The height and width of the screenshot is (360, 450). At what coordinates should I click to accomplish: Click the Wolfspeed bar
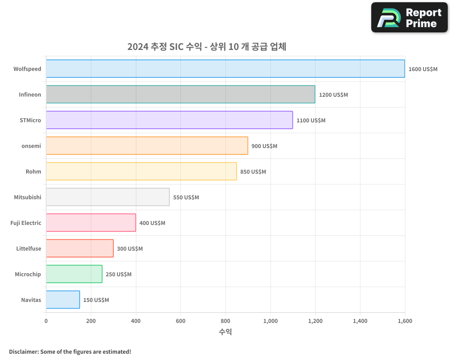click(x=225, y=69)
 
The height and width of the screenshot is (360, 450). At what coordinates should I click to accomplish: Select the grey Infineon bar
click(x=180, y=94)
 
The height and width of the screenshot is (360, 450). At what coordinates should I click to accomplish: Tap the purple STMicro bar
click(x=169, y=120)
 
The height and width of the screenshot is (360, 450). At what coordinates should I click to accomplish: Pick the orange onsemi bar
click(x=147, y=146)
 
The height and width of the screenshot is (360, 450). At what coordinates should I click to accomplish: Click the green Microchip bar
click(x=74, y=274)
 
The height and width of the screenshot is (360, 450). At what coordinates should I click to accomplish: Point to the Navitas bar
click(x=63, y=300)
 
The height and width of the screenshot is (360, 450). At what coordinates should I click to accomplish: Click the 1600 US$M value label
click(x=423, y=69)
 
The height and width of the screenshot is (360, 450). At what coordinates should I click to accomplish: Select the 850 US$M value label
click(x=253, y=172)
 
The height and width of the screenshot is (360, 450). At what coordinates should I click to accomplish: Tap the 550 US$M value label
click(x=186, y=198)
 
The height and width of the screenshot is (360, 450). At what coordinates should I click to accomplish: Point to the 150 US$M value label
click(x=96, y=300)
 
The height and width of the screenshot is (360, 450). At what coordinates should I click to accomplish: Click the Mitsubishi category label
click(x=27, y=198)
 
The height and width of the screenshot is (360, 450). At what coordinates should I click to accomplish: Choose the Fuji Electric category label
click(x=26, y=223)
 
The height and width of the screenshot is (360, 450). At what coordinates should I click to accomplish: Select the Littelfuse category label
click(x=28, y=249)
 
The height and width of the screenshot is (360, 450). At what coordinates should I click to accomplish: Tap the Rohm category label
click(x=33, y=172)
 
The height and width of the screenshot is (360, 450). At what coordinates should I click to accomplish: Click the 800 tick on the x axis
click(x=225, y=321)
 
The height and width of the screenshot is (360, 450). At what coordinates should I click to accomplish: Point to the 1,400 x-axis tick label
click(x=360, y=321)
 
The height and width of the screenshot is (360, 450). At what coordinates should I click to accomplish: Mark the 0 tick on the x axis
click(x=46, y=321)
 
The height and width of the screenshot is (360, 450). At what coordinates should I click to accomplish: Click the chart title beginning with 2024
click(x=207, y=47)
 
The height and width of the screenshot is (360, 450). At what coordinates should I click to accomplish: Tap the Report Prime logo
click(x=409, y=18)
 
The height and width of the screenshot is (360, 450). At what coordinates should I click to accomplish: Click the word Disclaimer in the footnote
click(x=23, y=352)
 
